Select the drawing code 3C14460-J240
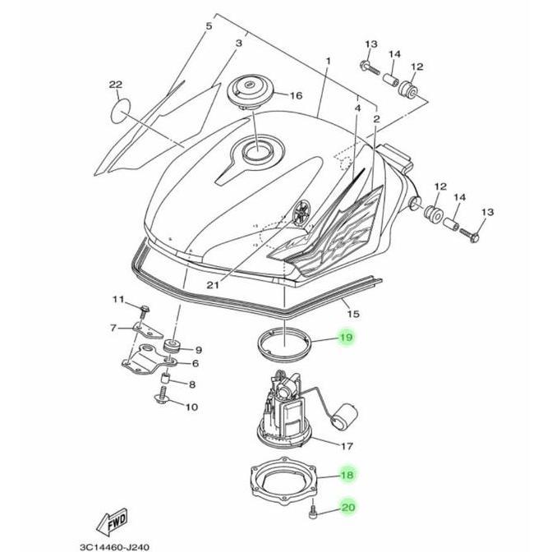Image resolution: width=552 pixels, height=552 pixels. pos(115,547)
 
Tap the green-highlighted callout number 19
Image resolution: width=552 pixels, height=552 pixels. pos(347,338)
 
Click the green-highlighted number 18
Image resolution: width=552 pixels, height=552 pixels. pos(347,475)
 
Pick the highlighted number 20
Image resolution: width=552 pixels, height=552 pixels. pos(347,508)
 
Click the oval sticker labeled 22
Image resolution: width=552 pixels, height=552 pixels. pos(121,111)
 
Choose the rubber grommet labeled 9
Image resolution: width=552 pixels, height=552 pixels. pos(172,346)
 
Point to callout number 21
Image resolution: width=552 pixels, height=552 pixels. pos(213,284)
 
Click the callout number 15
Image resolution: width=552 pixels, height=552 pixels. pos(353,313)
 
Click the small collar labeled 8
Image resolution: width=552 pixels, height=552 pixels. pos(166,379)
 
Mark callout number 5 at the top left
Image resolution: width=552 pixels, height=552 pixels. pos(209,26)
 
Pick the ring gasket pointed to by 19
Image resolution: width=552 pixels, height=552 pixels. pos(284,343)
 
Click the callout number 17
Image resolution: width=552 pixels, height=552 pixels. pos(347,446)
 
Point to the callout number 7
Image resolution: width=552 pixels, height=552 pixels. pos(113,328)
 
